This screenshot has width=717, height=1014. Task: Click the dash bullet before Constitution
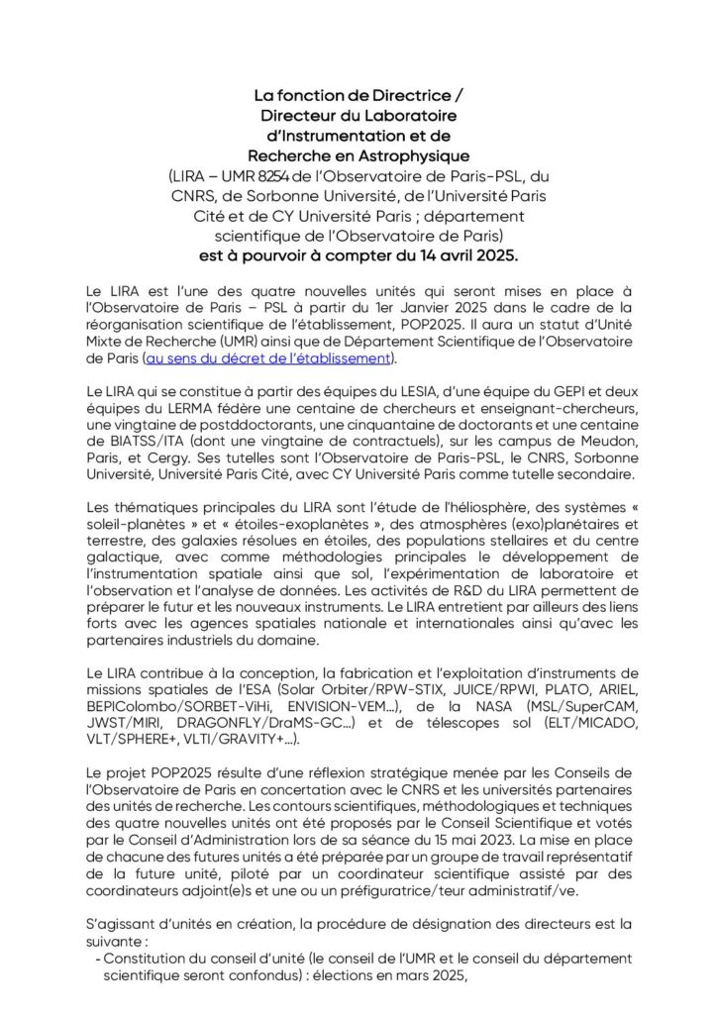[x=96, y=959]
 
